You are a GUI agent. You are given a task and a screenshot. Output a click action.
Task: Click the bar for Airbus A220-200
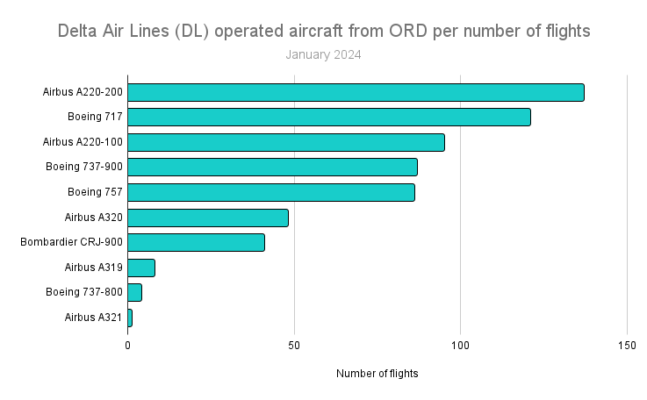click(x=356, y=92)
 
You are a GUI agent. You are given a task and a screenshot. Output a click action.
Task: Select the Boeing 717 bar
click(x=329, y=117)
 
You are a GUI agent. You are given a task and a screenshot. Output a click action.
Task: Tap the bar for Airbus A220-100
click(x=286, y=142)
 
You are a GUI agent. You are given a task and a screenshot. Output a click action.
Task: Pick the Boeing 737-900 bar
click(x=272, y=167)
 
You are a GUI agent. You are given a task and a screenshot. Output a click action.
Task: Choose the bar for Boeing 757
click(x=271, y=192)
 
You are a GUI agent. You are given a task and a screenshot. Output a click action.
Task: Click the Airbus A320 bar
click(x=208, y=218)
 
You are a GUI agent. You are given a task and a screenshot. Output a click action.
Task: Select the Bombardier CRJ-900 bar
click(x=196, y=242)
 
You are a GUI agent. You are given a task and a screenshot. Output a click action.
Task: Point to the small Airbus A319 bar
click(x=141, y=268)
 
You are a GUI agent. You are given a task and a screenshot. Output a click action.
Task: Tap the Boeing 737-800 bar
click(x=134, y=292)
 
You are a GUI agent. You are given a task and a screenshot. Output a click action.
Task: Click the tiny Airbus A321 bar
click(x=130, y=318)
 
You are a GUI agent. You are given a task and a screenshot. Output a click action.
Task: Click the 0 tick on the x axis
click(x=128, y=345)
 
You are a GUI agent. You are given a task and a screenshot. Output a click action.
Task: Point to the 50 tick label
click(x=294, y=345)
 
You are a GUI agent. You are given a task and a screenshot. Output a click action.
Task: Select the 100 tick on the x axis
click(x=460, y=345)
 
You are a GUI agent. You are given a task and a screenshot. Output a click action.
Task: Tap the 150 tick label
click(x=626, y=345)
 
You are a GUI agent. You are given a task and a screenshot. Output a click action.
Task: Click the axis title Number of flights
click(x=377, y=374)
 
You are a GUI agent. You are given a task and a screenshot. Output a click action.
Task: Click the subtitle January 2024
click(x=323, y=54)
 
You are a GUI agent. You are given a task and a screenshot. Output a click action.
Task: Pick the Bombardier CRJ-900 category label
click(x=71, y=242)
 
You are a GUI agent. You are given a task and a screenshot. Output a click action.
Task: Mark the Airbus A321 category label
click(x=93, y=318)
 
